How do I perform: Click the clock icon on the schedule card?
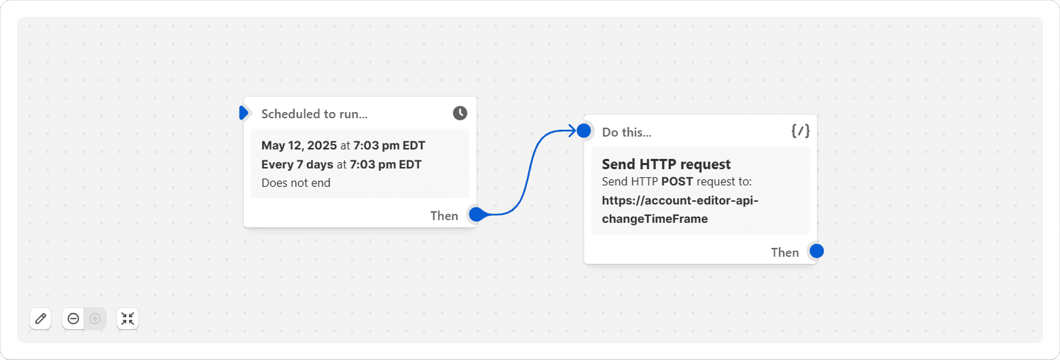click(x=460, y=113)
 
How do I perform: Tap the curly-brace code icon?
click(x=800, y=131)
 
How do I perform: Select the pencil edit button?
click(x=41, y=319)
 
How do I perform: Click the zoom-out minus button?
click(x=73, y=319)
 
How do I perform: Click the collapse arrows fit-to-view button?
click(x=128, y=319)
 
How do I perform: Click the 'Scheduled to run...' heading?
click(x=314, y=114)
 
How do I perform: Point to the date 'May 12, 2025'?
click(x=299, y=146)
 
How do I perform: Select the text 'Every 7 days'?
click(x=297, y=164)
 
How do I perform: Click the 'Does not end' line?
click(x=296, y=183)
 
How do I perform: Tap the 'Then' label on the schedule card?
click(x=444, y=216)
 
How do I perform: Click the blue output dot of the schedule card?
click(x=477, y=214)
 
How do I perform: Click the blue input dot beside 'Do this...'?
click(x=584, y=130)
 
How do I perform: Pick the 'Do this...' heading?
click(x=627, y=132)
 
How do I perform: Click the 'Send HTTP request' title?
click(x=666, y=164)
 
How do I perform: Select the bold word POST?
click(x=677, y=181)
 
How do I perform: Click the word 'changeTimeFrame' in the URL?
click(x=655, y=219)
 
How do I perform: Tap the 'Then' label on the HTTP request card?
click(x=784, y=253)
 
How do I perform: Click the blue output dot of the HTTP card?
click(x=817, y=251)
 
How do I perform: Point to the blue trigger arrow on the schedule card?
click(x=244, y=113)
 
